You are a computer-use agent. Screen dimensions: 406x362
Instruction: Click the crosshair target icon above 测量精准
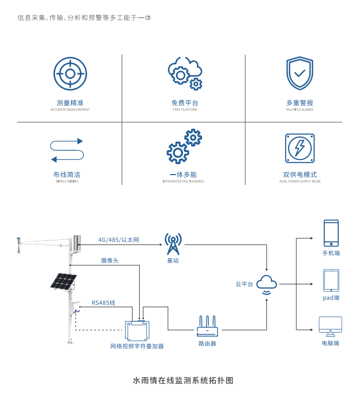70,74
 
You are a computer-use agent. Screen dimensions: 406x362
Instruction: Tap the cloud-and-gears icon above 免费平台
184,74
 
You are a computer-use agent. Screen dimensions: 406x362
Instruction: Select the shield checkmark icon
299,74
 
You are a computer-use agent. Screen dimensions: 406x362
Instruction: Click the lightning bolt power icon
300,148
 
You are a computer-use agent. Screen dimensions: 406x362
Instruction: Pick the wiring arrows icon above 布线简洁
67,150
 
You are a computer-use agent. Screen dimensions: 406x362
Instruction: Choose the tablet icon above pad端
331,280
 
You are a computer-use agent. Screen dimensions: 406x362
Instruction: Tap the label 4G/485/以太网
119,240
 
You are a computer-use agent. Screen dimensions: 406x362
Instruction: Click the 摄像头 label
110,260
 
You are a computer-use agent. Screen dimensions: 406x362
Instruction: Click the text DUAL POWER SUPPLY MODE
300,182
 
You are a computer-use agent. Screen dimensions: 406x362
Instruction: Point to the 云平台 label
244,284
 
